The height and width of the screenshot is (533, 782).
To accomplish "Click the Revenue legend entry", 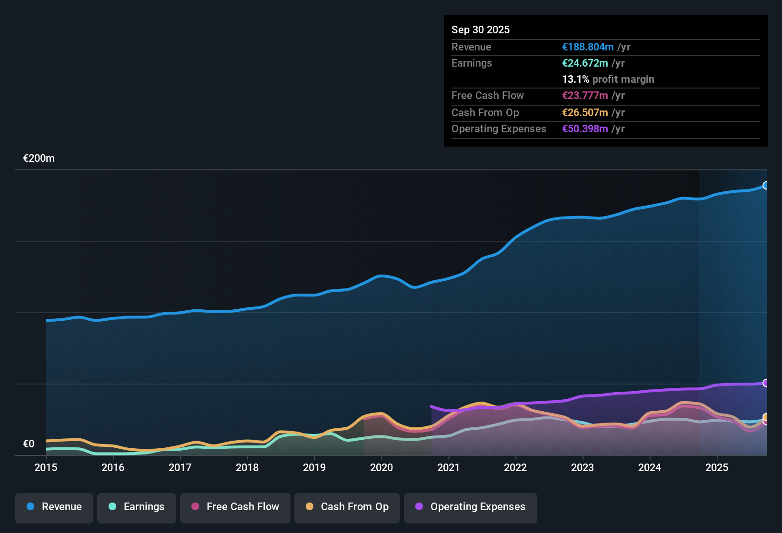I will tap(54, 507).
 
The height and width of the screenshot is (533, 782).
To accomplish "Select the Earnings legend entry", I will tap(137, 507).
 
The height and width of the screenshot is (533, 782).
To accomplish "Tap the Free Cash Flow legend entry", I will tap(235, 507).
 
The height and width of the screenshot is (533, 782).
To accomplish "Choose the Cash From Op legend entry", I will tap(347, 507).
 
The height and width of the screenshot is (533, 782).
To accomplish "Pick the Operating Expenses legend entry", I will tap(471, 507).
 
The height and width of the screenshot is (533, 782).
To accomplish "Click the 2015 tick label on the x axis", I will tap(46, 468).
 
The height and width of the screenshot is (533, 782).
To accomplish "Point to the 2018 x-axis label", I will tap(247, 468).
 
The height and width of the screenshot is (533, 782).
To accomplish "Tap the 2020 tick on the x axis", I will tap(381, 468).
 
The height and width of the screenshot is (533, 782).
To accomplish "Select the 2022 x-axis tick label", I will tap(515, 468).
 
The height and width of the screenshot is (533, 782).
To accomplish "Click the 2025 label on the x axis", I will tap(717, 468).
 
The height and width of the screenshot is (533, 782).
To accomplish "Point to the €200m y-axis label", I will tap(39, 158).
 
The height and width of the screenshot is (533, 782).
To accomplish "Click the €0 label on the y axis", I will tap(29, 444).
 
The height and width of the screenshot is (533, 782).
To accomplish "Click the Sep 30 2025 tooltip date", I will tap(481, 30).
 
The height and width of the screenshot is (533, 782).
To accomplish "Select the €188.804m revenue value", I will tap(588, 47).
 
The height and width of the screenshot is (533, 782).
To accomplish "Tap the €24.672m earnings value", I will tap(585, 63).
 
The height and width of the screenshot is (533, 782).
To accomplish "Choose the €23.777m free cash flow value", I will tap(585, 96).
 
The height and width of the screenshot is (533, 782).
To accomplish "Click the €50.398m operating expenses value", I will tap(585, 129).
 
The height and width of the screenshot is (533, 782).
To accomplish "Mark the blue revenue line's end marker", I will tap(766, 186).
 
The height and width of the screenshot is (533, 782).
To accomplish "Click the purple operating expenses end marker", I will tap(766, 383).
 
